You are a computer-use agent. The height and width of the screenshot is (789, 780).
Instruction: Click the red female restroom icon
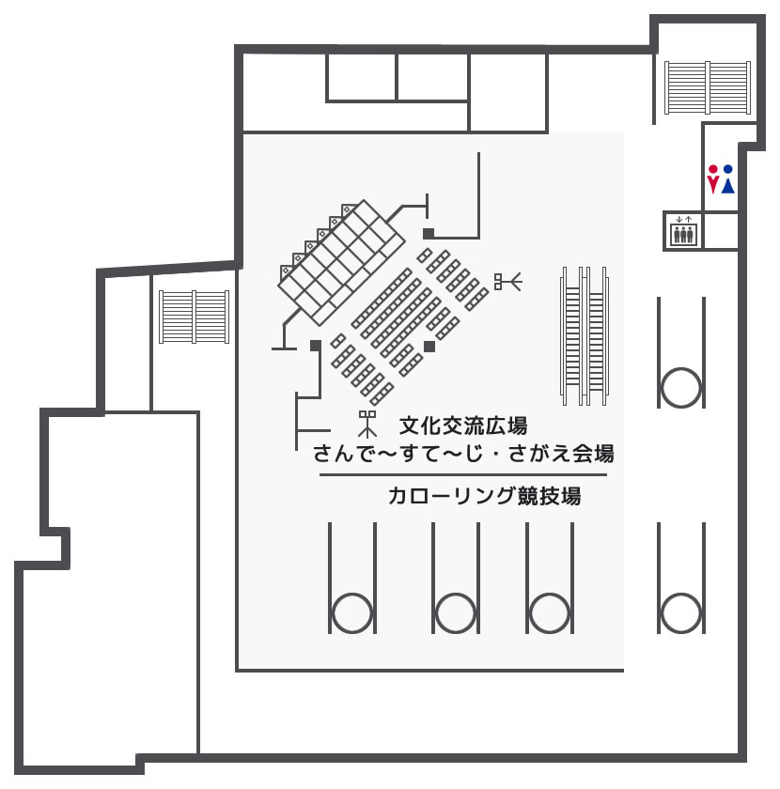(712, 179)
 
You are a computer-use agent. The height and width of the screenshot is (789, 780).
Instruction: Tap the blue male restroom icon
(728, 179)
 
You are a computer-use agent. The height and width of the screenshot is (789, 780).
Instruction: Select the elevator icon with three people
(683, 230)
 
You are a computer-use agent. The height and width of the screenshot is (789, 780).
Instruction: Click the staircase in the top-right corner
(708, 87)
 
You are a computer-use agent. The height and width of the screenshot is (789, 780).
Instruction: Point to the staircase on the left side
(195, 317)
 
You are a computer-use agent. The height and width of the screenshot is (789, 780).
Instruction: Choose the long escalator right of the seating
(585, 335)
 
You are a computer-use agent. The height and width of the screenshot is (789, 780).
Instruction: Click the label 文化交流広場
(463, 426)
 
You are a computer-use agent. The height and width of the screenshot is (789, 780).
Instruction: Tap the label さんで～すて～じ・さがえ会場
(463, 454)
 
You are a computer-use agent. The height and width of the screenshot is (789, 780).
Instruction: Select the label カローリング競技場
(484, 496)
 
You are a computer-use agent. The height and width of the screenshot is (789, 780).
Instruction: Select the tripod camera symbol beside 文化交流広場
(367, 425)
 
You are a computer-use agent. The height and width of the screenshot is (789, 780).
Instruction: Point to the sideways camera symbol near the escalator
(508, 281)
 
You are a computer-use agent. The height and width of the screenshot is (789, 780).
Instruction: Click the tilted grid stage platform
(342, 263)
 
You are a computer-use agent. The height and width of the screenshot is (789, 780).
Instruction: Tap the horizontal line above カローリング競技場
(463, 474)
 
